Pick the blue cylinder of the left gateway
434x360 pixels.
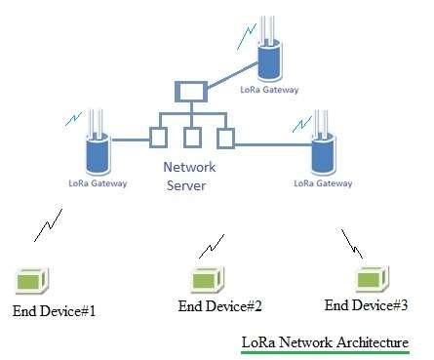(x=96, y=150)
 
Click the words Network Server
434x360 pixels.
(x=184, y=177)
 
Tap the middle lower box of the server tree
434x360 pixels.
(x=191, y=136)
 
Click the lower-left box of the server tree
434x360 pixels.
(x=156, y=136)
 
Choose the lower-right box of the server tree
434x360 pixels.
(x=226, y=136)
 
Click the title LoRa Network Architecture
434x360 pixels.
(x=325, y=342)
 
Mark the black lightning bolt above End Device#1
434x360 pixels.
(x=45, y=226)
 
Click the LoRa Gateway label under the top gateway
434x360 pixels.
(x=270, y=90)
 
